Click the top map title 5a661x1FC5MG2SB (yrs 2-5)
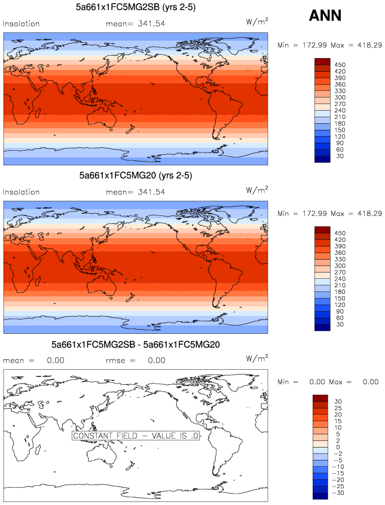point(135,7)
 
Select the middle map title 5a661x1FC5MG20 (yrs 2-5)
point(135,177)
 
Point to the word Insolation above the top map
point(22,24)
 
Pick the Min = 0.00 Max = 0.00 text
point(330,382)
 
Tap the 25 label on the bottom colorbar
point(338,407)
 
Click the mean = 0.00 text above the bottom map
point(31,361)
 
